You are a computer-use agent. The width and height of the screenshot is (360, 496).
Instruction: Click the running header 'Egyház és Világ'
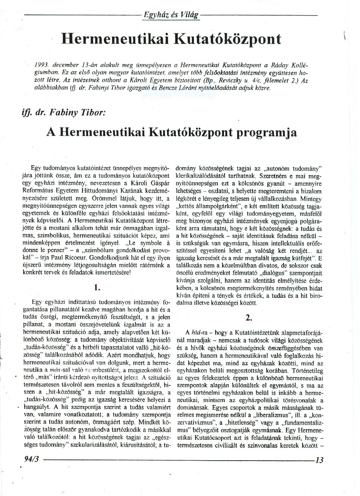171,15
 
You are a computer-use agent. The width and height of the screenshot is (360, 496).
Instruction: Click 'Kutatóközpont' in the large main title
227,39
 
